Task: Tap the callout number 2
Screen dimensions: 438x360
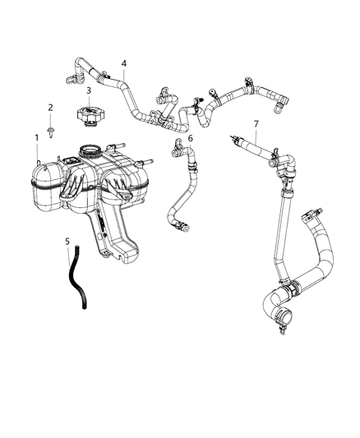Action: [x=50, y=108]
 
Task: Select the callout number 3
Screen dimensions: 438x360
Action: [x=89, y=90]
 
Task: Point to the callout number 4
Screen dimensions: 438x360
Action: [x=123, y=63]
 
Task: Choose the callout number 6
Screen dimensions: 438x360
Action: [x=190, y=139]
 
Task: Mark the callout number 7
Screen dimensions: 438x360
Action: [x=256, y=124]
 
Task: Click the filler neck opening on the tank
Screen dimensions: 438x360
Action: [x=90, y=152]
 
